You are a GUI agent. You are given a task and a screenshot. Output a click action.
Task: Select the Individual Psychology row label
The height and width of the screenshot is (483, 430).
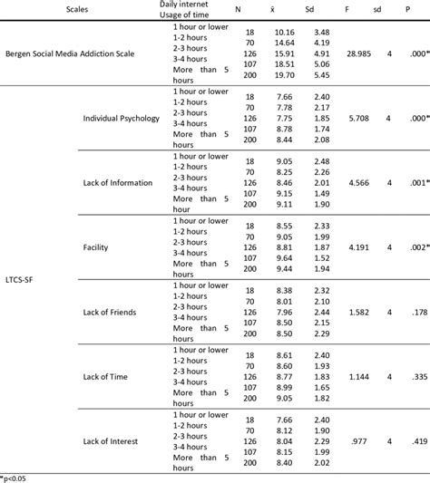click(x=122, y=119)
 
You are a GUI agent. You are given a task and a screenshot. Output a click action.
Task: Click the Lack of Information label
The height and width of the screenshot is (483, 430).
click(x=119, y=182)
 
